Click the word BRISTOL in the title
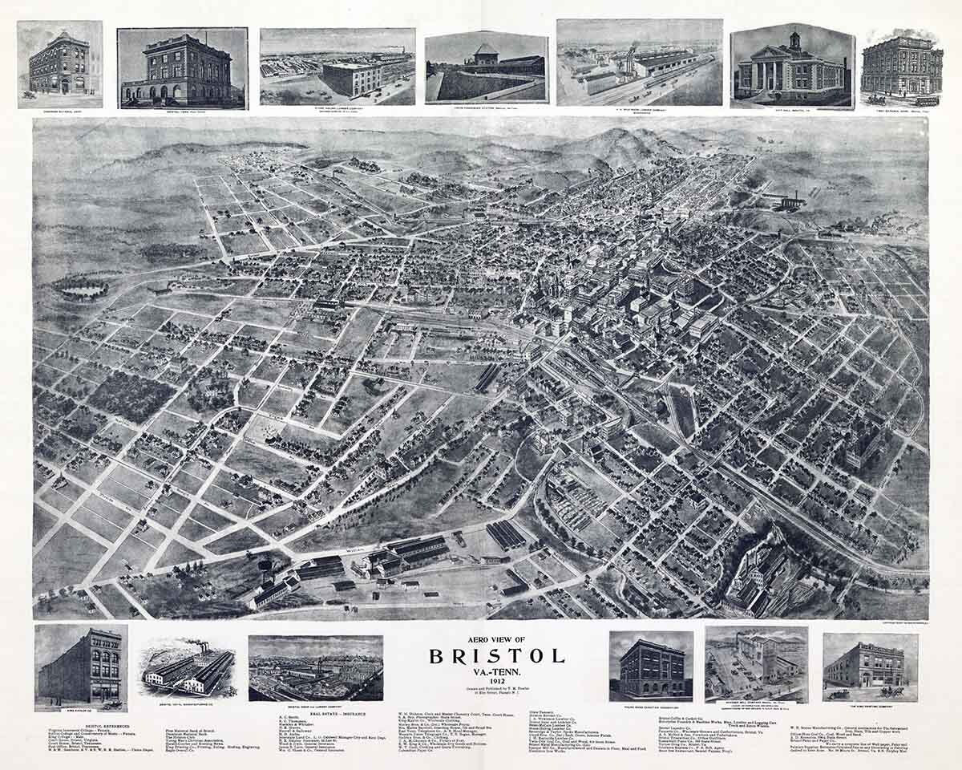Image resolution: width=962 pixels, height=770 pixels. [x=496, y=655]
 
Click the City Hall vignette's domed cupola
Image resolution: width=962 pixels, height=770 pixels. [x=794, y=39]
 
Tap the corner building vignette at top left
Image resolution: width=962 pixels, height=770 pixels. [x=59, y=64]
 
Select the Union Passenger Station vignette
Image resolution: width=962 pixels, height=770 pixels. [x=487, y=68]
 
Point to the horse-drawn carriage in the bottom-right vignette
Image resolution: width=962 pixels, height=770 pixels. [x=891, y=691]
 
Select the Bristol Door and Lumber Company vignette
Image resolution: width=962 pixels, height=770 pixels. [x=315, y=668]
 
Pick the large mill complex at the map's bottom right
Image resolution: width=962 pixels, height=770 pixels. [x=758, y=573]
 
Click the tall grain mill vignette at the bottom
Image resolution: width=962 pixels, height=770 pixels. [x=756, y=664]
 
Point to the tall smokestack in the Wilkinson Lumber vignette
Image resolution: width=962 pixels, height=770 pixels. [x=621, y=56]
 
